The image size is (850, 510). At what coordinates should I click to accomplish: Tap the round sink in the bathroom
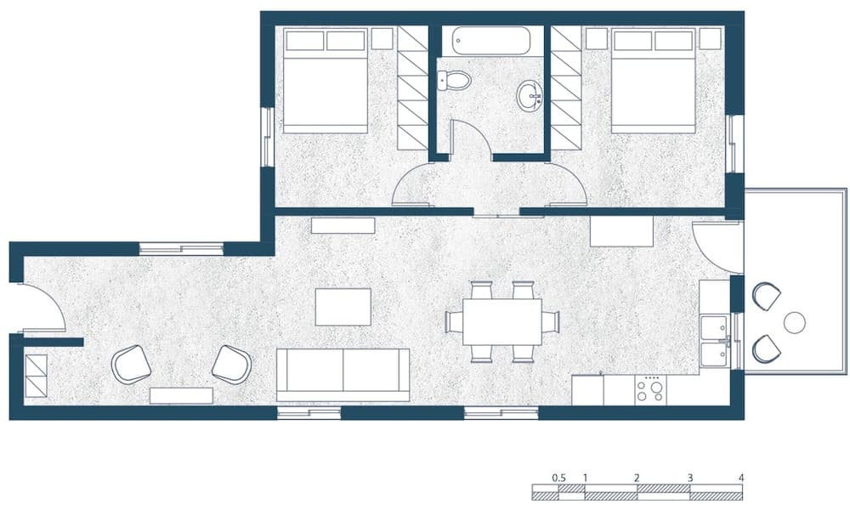click(x=530, y=95)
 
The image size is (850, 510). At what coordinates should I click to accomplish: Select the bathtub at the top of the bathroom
click(x=491, y=41)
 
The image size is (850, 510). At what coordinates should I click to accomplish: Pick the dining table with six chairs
click(x=502, y=321)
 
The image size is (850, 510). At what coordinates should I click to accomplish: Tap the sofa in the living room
click(x=343, y=373)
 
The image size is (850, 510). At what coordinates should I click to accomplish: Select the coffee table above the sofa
click(x=343, y=307)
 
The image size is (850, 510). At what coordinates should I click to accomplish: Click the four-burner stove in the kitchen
click(x=651, y=390)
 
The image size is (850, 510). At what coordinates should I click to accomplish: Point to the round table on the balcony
click(x=795, y=322)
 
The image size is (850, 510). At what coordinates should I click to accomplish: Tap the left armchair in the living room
click(x=131, y=364)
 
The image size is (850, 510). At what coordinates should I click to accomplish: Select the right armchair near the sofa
click(x=231, y=364)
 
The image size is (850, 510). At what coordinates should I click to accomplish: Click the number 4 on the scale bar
click(x=741, y=478)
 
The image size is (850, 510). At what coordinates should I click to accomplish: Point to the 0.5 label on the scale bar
click(x=558, y=478)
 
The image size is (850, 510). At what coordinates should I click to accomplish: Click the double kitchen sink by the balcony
click(x=714, y=341)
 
